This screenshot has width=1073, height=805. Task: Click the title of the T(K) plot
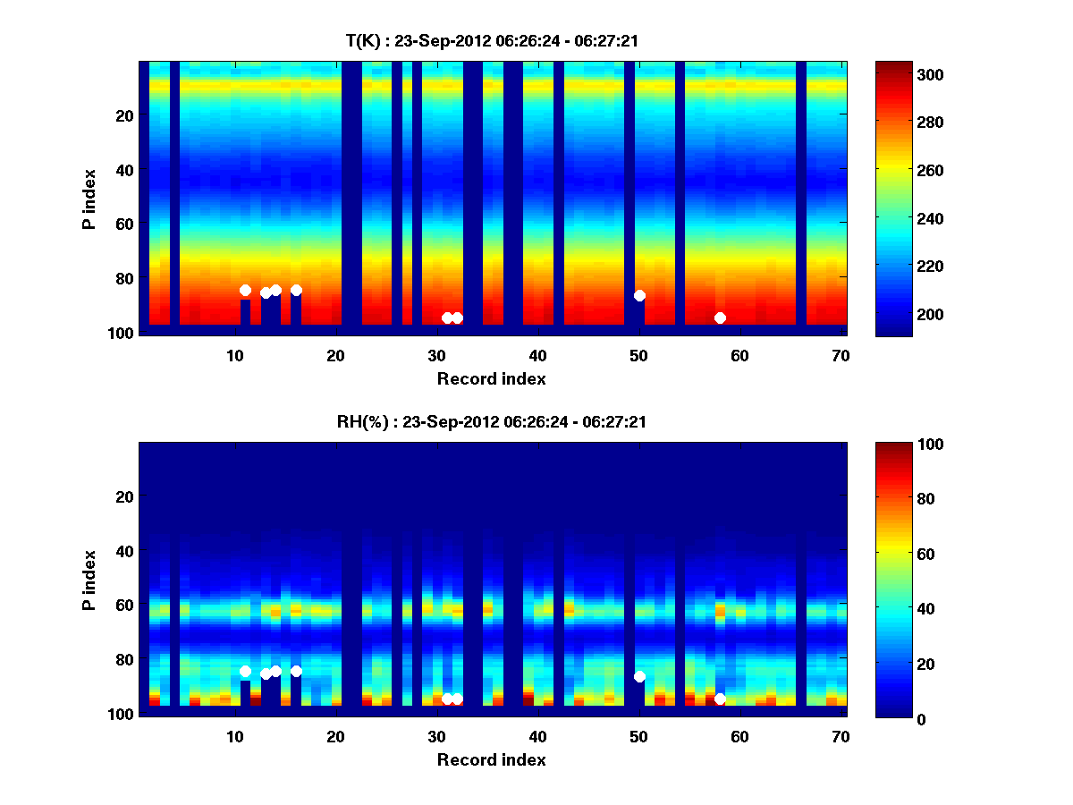click(x=492, y=40)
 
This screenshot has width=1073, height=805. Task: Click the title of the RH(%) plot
click(x=492, y=421)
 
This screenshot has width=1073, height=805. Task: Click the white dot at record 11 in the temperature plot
click(x=245, y=290)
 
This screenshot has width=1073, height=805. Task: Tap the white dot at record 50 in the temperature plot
click(x=639, y=295)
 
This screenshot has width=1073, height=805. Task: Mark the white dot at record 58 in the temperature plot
click(x=720, y=318)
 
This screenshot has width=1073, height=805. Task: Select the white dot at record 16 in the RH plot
click(x=296, y=671)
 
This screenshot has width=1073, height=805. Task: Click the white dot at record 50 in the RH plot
click(x=639, y=676)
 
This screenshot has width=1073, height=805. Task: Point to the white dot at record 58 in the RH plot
click(x=720, y=699)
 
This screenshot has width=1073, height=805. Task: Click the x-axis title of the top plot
click(x=492, y=378)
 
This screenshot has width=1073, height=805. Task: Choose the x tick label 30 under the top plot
click(x=436, y=355)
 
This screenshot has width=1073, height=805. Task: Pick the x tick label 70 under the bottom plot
click(x=841, y=736)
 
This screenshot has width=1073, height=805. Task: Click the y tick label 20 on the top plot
click(x=124, y=115)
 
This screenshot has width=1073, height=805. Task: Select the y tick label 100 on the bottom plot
click(x=121, y=714)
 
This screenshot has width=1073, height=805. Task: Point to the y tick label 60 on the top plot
click(x=124, y=224)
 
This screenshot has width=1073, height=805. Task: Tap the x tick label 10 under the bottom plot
click(x=234, y=736)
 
